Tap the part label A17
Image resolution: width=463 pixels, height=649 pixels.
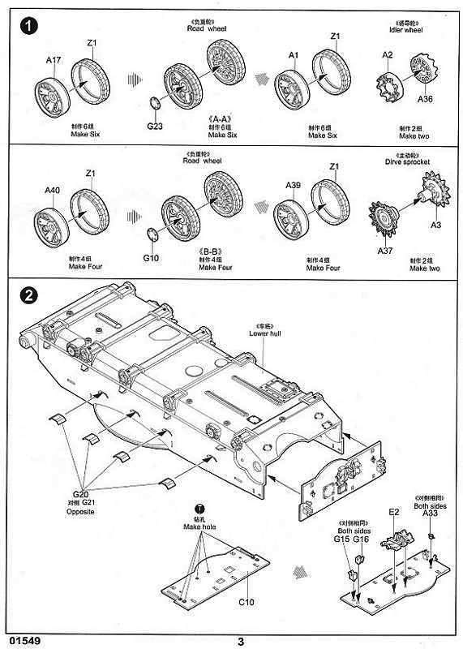pyautogui.click(x=54, y=60)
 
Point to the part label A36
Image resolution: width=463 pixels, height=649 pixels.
pyautogui.click(x=426, y=100)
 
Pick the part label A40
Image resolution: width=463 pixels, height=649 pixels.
pyautogui.click(x=53, y=191)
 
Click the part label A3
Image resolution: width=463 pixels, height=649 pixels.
pyautogui.click(x=435, y=224)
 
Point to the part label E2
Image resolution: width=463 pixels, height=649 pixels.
pyautogui.click(x=394, y=512)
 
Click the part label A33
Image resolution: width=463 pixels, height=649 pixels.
pyautogui.click(x=430, y=512)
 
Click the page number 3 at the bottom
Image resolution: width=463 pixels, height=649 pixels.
pyautogui.click(x=241, y=641)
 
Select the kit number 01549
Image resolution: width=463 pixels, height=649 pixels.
pyautogui.click(x=23, y=641)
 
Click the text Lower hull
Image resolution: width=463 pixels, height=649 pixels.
pyautogui.click(x=263, y=333)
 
